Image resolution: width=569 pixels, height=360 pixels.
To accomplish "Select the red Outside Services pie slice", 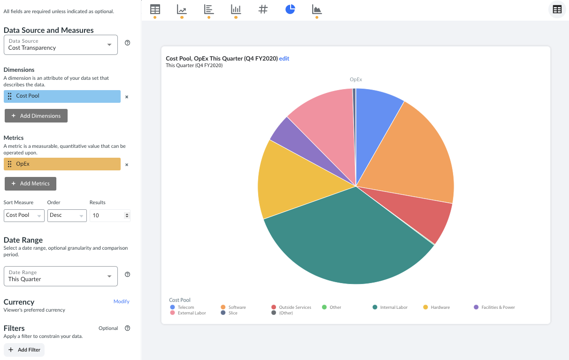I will (423, 214).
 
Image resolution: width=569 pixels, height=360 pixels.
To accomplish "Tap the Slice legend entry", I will (233, 313).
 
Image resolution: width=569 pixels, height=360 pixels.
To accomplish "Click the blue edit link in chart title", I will (284, 59).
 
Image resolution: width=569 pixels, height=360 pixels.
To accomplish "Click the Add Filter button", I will (24, 350).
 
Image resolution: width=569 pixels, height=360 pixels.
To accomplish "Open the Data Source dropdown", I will (61, 45).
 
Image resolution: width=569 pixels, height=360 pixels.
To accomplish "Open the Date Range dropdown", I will (61, 276).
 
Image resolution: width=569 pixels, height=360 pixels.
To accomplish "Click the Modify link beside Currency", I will (121, 301).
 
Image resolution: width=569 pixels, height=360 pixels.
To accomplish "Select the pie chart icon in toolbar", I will (290, 9).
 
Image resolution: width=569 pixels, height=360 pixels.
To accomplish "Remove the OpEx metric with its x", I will (127, 165).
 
